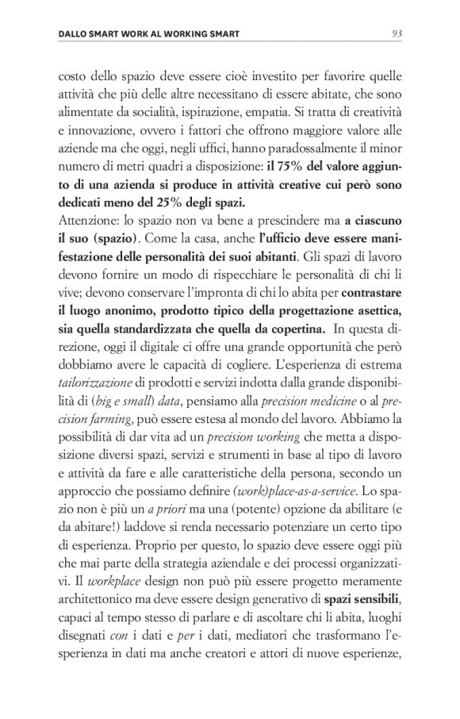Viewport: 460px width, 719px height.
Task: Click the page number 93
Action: [x=397, y=33]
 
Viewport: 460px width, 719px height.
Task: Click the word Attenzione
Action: [x=90, y=221]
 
